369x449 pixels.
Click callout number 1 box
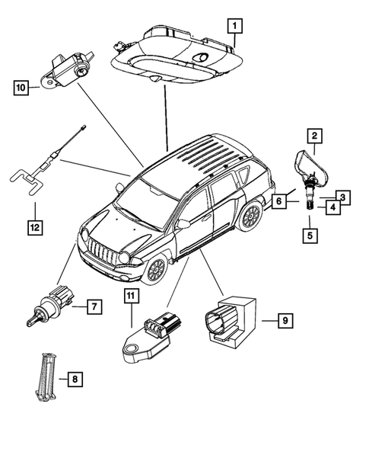point(236,27)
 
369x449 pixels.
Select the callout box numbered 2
point(312,137)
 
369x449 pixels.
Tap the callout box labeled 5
point(310,235)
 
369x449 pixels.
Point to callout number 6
point(279,201)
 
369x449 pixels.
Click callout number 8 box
point(74,377)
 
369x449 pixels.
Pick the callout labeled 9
point(285,321)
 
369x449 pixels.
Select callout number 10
point(21,88)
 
